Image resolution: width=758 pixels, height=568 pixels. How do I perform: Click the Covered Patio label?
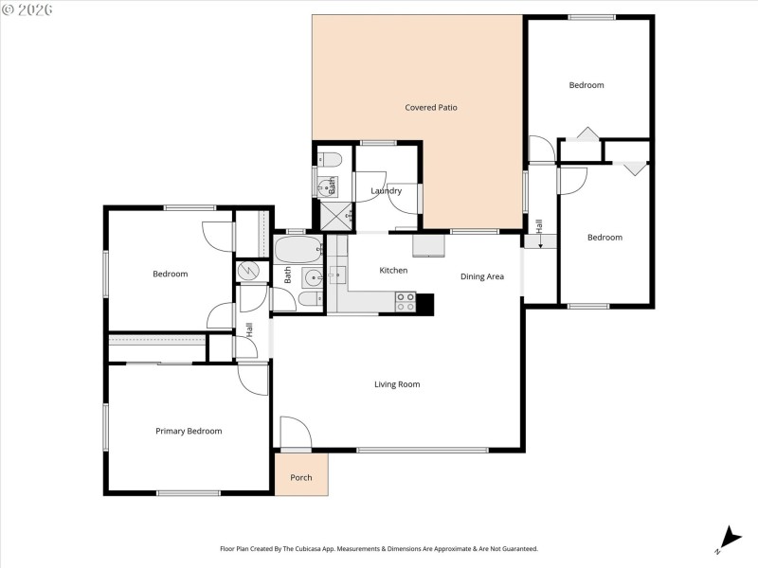tap(431, 108)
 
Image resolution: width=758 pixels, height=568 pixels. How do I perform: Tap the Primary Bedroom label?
tap(189, 431)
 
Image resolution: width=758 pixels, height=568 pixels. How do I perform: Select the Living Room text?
tap(396, 384)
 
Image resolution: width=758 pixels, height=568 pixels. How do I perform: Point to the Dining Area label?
tap(481, 276)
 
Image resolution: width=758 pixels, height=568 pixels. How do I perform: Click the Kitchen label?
tap(393, 271)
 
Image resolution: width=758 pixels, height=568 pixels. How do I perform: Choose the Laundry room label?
tap(386, 191)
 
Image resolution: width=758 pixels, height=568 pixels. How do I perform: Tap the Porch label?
tap(300, 477)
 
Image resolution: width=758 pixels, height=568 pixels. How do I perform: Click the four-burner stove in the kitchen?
tap(405, 301)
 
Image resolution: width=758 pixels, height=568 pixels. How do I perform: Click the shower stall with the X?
tap(333, 216)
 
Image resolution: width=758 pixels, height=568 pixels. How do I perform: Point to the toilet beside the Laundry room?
tap(325, 158)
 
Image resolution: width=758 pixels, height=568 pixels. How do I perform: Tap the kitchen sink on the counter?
tap(338, 275)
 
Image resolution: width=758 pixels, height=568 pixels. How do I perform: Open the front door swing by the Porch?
tap(295, 434)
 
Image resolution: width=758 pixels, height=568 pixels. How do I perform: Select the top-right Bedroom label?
tap(586, 85)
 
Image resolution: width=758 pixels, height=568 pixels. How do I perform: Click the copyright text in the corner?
tap(27, 9)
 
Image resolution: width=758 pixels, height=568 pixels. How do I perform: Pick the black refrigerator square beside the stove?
tap(425, 303)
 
